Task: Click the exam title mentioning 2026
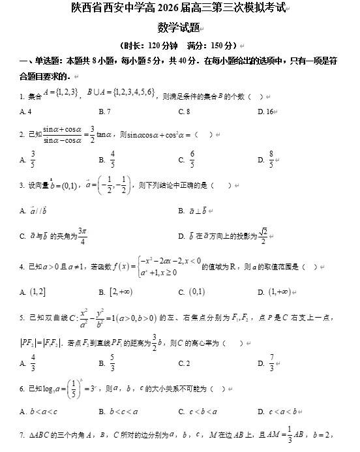179,9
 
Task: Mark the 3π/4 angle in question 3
82,235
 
